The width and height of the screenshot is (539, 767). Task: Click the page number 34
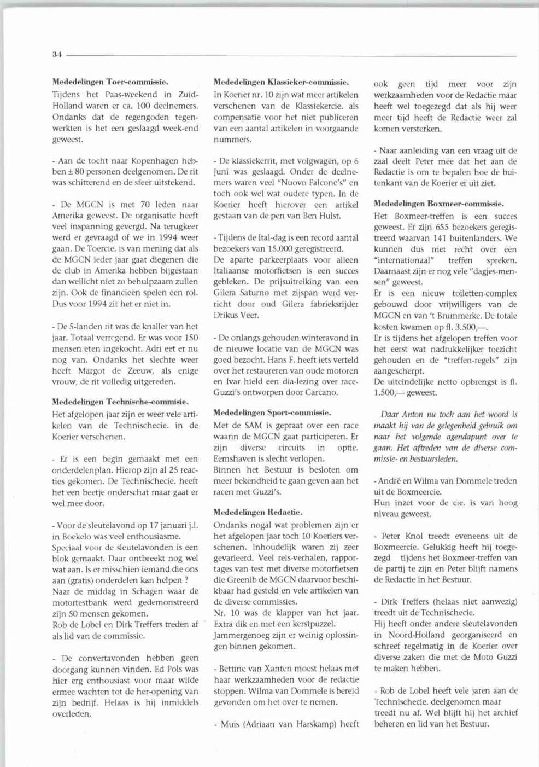click(57, 54)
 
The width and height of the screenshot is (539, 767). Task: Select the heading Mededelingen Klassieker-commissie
click(281, 82)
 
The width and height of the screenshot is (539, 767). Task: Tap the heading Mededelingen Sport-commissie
click(272, 412)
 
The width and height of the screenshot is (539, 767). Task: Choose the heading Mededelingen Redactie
click(257, 512)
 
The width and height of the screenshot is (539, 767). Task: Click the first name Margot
click(91, 371)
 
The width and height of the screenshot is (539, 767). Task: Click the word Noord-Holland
click(417, 635)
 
